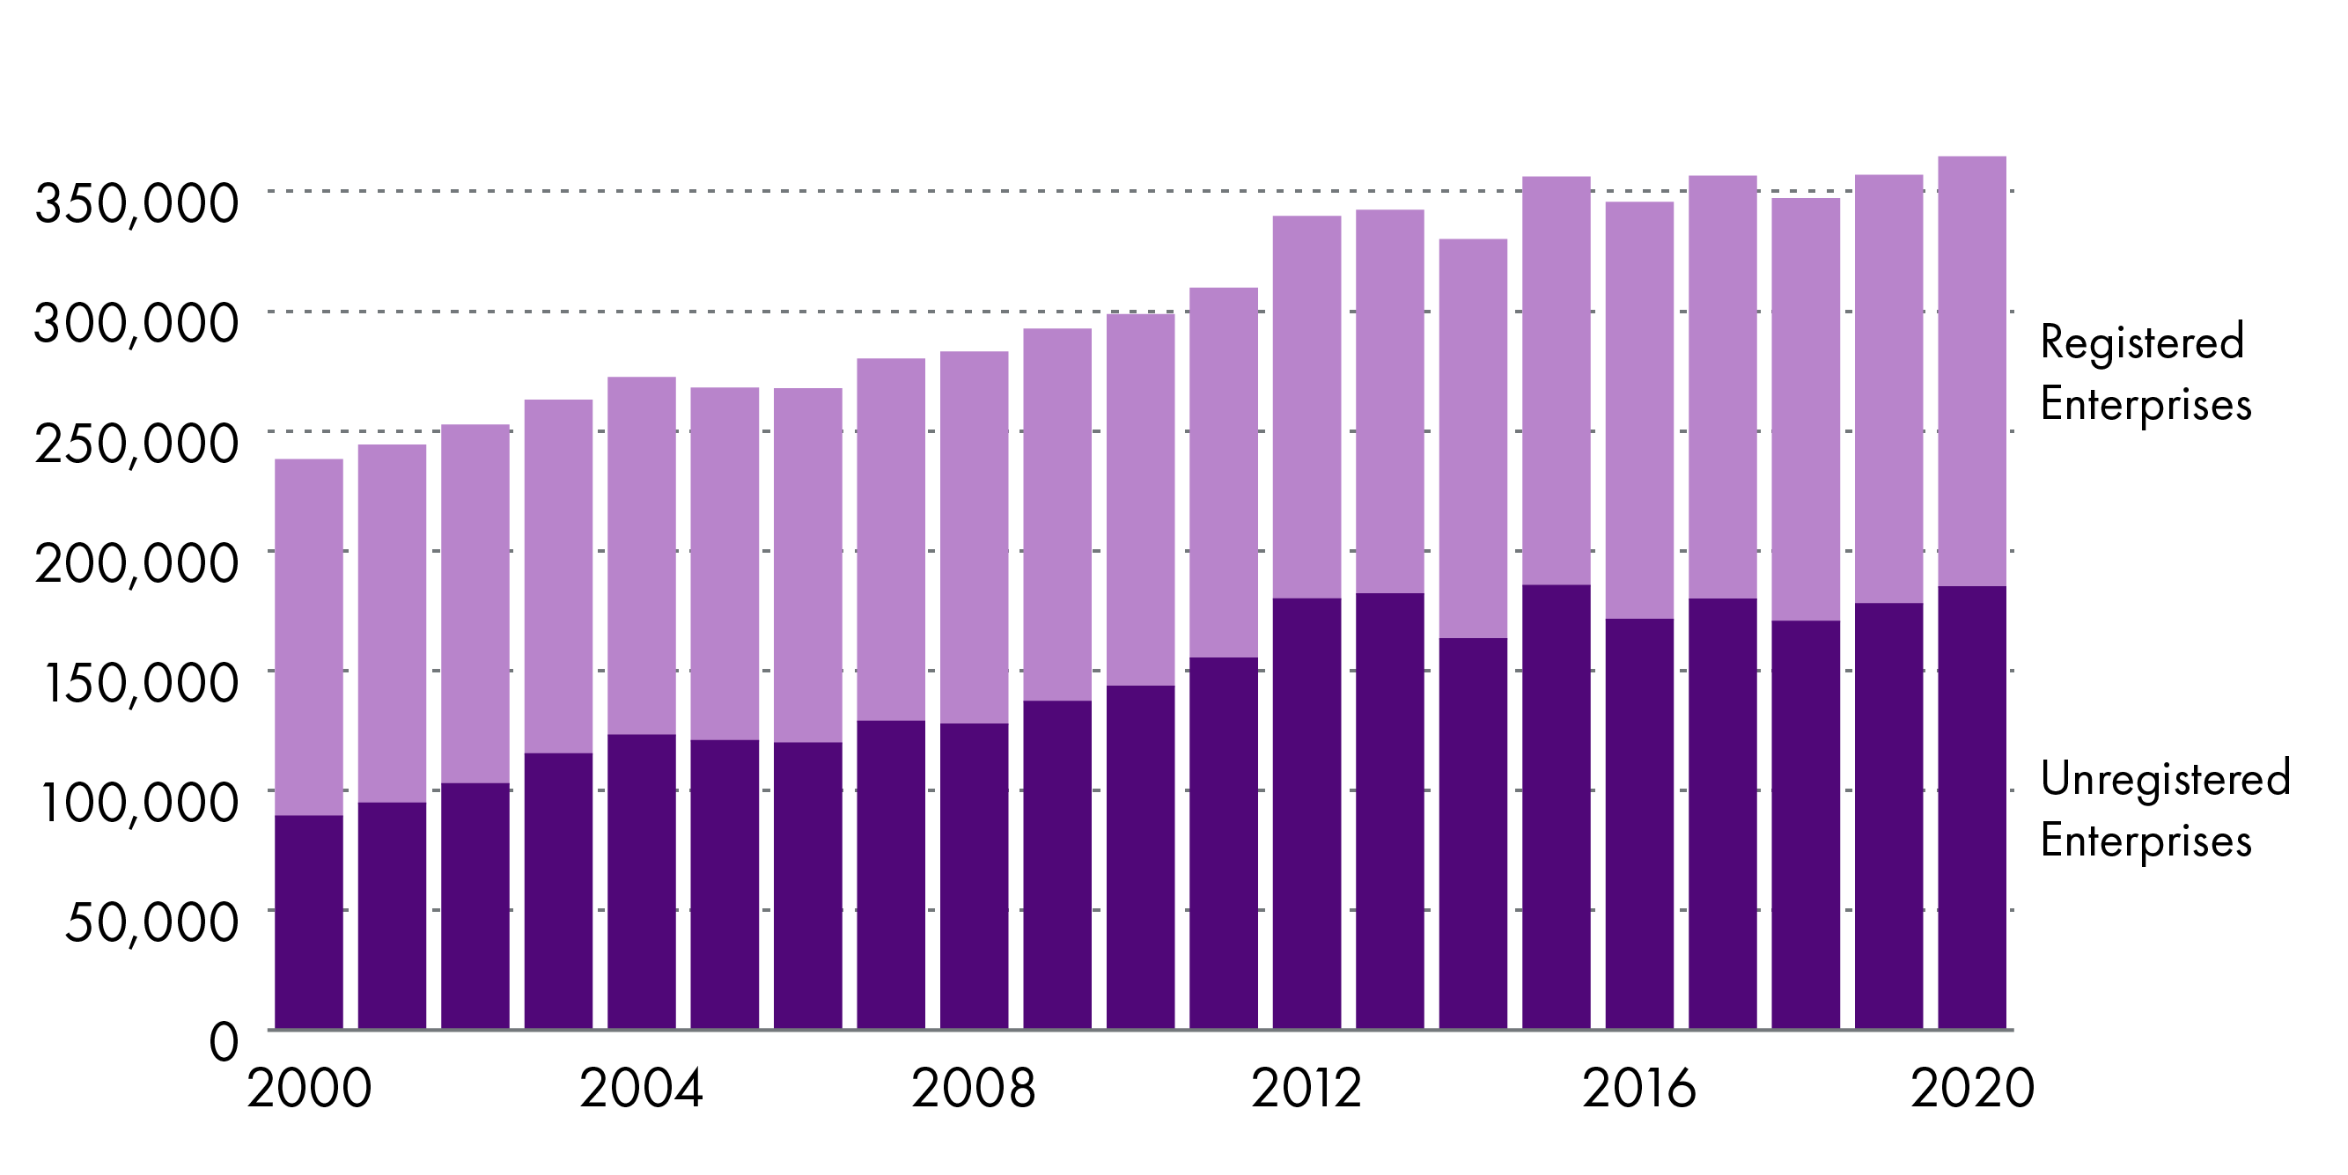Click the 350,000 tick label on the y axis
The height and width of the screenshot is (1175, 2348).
click(x=136, y=202)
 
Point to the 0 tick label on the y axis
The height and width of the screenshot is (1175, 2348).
click(x=224, y=1041)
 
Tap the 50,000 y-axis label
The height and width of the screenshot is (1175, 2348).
click(x=152, y=922)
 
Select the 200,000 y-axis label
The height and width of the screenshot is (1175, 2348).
click(x=136, y=562)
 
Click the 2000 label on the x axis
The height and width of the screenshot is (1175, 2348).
click(x=309, y=1089)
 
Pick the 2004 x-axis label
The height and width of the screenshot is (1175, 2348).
click(x=642, y=1089)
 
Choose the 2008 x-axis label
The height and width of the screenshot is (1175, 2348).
click(x=974, y=1089)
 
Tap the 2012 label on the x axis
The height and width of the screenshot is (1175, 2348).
click(x=1306, y=1089)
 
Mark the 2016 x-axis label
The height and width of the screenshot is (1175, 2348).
click(x=1639, y=1089)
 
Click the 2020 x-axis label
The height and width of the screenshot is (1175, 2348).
click(x=1971, y=1089)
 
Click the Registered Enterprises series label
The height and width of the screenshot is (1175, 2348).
click(x=2145, y=373)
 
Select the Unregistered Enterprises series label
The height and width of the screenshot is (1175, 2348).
click(x=2165, y=809)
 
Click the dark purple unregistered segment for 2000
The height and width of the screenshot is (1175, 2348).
click(x=309, y=922)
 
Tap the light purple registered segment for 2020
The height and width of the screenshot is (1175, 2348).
click(x=1971, y=371)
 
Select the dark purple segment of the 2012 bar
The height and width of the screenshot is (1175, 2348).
click(x=1306, y=813)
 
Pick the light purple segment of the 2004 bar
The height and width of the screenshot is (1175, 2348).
click(x=642, y=555)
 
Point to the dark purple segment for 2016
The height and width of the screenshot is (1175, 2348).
click(x=1639, y=823)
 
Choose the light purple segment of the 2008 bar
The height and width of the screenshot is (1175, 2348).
click(x=974, y=537)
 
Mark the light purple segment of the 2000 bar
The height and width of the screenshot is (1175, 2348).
click(x=309, y=636)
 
